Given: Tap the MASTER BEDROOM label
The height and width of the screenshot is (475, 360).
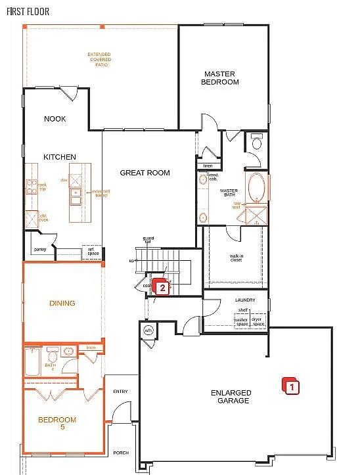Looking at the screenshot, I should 220,78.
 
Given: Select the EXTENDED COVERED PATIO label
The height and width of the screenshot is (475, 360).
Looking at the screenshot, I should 101,59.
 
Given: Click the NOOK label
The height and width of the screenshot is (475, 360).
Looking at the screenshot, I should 55,119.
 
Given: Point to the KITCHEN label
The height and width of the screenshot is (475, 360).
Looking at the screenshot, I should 60,157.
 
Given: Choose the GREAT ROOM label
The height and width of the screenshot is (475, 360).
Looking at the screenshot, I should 145,173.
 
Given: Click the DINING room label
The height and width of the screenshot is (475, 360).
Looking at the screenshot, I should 62,304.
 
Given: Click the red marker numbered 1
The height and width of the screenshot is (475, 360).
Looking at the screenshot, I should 290,386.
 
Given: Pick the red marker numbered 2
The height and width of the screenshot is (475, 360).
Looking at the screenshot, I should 160,286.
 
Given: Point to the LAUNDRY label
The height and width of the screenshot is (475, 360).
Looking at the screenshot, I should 244,300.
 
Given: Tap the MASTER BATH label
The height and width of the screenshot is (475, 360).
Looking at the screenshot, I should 228,193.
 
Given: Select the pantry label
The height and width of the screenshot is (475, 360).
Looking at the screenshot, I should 40,249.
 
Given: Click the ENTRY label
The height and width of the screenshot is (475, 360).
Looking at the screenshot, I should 120,392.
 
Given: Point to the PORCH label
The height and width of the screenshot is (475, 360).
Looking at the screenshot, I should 120,453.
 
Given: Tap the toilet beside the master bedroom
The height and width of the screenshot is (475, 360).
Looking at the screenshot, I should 257,142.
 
